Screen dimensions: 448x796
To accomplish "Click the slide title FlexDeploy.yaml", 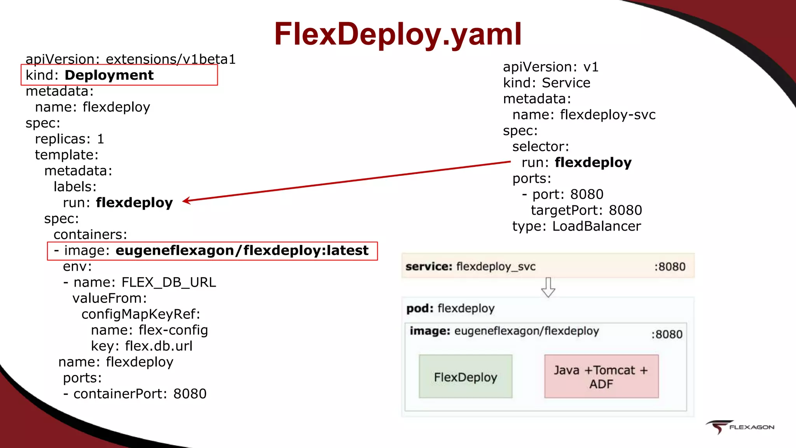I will [398, 34].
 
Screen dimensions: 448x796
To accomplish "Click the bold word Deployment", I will [109, 75].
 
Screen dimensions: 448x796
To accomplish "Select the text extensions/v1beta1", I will [170, 59].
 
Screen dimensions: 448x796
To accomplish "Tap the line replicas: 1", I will [69, 139].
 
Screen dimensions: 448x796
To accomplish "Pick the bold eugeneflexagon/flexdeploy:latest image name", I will [242, 250].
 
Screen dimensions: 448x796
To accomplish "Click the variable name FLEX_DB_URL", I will [168, 282].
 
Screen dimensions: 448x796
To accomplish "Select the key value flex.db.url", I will [159, 346].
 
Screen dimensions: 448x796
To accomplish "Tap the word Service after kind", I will [566, 83].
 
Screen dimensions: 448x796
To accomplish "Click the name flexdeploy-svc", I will [607, 115].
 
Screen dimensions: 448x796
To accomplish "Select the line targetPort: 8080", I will [586, 210].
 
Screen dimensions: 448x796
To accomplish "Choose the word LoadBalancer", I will [596, 226].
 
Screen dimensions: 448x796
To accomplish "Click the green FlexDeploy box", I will [465, 376].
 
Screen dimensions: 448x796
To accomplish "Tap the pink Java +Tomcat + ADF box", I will [601, 376].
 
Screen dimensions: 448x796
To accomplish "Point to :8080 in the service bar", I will [670, 267].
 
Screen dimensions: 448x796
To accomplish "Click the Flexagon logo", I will [740, 427].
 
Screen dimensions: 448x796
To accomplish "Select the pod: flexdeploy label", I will [450, 308].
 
